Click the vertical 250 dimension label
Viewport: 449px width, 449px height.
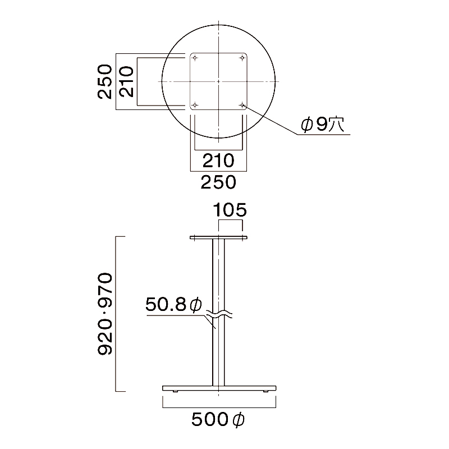click(105, 82)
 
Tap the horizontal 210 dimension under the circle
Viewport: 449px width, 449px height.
click(218, 161)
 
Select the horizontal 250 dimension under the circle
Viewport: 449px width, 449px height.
click(218, 182)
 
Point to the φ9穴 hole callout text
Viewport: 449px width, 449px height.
click(323, 124)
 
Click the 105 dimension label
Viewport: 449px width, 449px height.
click(230, 210)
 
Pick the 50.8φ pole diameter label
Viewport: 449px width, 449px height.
click(174, 304)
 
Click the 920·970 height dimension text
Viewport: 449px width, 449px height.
click(105, 314)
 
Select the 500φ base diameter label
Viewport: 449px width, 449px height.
click(218, 420)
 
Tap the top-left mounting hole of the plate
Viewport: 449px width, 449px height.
click(195, 58)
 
